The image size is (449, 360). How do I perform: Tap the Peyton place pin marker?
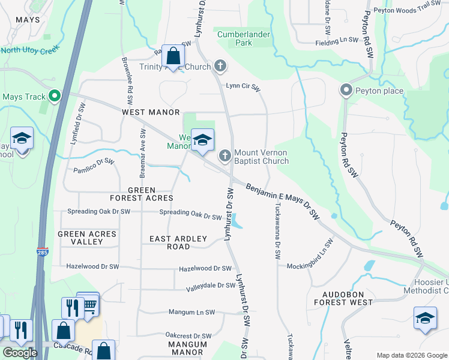pyautogui.click(x=346, y=91)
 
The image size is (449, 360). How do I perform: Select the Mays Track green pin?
pyautogui.click(x=55, y=96)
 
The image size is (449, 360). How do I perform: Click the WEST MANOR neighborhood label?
pyautogui.click(x=151, y=112)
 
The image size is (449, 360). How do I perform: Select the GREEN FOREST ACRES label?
pyautogui.click(x=142, y=194)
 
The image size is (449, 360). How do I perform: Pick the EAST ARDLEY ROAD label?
pyautogui.click(x=178, y=242)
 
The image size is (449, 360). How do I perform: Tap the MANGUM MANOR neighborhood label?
pyautogui.click(x=187, y=348)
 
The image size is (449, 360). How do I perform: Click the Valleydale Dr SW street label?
pyautogui.click(x=210, y=286)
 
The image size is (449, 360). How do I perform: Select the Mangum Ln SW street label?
pyautogui.click(x=191, y=312)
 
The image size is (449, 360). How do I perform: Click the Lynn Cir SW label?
pyautogui.click(x=243, y=86)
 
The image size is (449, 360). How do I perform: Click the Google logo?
pyautogui.click(x=20, y=353)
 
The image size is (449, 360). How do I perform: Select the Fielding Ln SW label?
pyautogui.click(x=337, y=41)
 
